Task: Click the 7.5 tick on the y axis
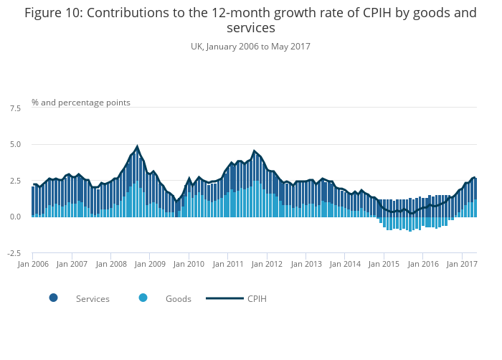tap(15, 108)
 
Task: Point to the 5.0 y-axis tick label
tap(15, 145)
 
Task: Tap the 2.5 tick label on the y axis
tap(15, 181)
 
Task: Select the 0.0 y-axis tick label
tap(15, 217)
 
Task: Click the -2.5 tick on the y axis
tap(14, 253)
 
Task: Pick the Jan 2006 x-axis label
tap(33, 264)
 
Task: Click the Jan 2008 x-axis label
tap(111, 264)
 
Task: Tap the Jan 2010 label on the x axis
tap(189, 264)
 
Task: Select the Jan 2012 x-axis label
tap(267, 264)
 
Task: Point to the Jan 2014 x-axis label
tap(346, 264)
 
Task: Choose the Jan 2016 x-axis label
tap(424, 264)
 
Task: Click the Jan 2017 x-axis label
tap(463, 264)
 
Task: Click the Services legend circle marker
tap(54, 298)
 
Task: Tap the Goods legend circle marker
tap(143, 298)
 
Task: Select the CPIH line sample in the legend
tap(224, 298)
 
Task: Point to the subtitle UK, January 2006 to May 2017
tap(250, 46)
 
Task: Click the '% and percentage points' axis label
tap(81, 103)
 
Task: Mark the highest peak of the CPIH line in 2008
tap(137, 146)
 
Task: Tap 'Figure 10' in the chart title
tap(50, 13)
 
